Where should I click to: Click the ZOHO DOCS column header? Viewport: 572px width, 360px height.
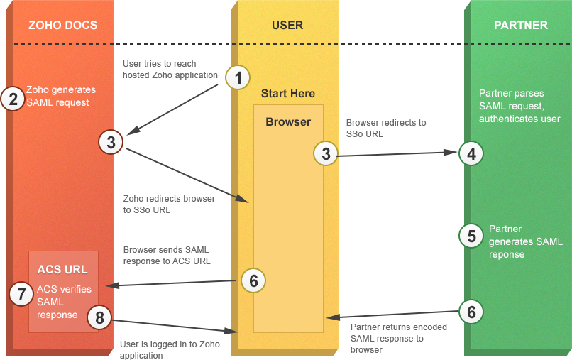(x=62, y=26)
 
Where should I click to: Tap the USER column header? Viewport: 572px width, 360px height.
(x=287, y=26)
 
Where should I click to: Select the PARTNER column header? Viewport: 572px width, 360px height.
(x=520, y=26)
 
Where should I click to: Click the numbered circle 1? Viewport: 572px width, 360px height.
(x=238, y=77)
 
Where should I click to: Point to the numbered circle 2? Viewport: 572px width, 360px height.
(x=13, y=99)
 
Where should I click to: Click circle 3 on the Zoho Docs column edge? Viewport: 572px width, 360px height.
(x=111, y=142)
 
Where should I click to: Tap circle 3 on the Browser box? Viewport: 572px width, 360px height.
(x=326, y=153)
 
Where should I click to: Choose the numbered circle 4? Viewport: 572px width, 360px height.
(x=472, y=153)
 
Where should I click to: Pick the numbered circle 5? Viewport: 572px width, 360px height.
(x=472, y=236)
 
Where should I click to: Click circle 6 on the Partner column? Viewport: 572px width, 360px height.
(x=472, y=311)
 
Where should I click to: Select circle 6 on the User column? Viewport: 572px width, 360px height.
(x=253, y=281)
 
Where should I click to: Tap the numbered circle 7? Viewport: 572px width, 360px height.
(x=22, y=293)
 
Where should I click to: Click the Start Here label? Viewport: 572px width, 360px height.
(x=287, y=94)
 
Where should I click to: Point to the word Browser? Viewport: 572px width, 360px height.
(x=288, y=122)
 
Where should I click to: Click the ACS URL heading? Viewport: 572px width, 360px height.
(x=62, y=270)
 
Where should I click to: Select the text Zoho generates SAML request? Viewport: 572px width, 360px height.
(x=60, y=96)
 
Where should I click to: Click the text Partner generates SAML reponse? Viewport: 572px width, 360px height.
(x=525, y=241)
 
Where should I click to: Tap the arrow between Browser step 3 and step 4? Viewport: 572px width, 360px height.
(x=397, y=153)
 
